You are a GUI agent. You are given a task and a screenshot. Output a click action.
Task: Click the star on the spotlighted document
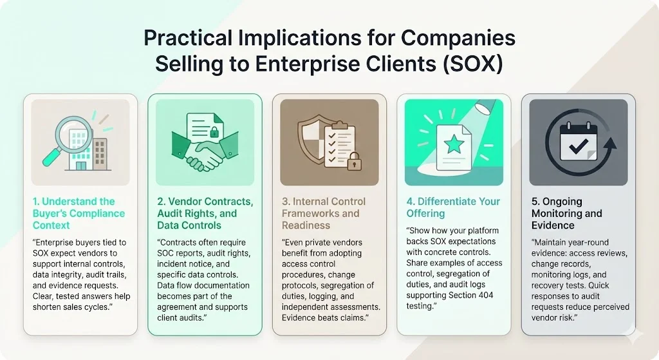click(454, 144)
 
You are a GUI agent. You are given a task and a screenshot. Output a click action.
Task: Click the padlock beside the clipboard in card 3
click(354, 161)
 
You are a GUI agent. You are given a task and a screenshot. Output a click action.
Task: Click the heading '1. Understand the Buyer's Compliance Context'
click(79, 213)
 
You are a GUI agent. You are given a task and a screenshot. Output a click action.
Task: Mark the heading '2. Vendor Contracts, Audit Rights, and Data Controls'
click(205, 213)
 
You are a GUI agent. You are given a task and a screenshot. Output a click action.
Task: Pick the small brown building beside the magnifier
click(100, 152)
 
